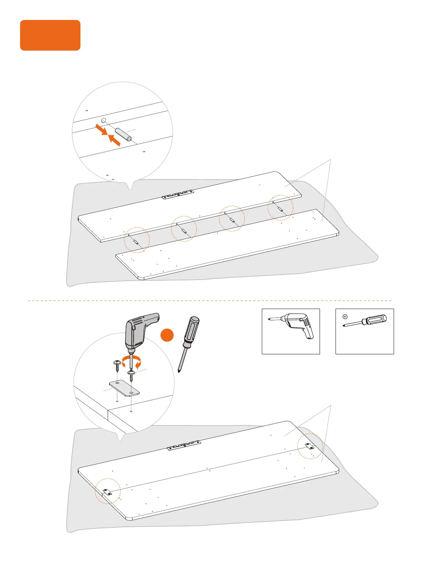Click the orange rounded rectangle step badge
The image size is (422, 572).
click(x=50, y=35)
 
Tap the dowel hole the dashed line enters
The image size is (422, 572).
click(x=103, y=121)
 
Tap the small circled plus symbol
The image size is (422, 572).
click(x=345, y=317)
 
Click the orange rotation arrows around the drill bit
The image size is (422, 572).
click(x=131, y=362)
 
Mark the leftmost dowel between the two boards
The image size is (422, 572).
click(x=136, y=242)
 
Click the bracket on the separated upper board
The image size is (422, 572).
click(x=178, y=195)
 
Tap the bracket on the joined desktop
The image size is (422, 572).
click(x=184, y=445)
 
